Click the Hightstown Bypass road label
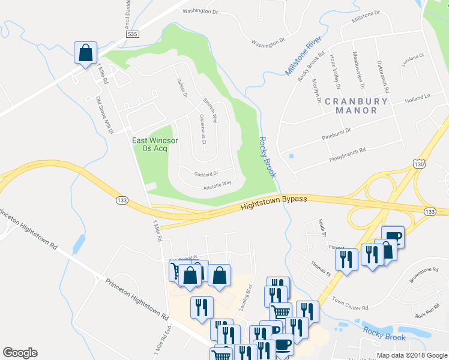274,203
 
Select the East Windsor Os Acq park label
155,144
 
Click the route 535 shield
133,35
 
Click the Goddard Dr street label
205,174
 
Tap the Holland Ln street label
418,98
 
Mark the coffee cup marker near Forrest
393,236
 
